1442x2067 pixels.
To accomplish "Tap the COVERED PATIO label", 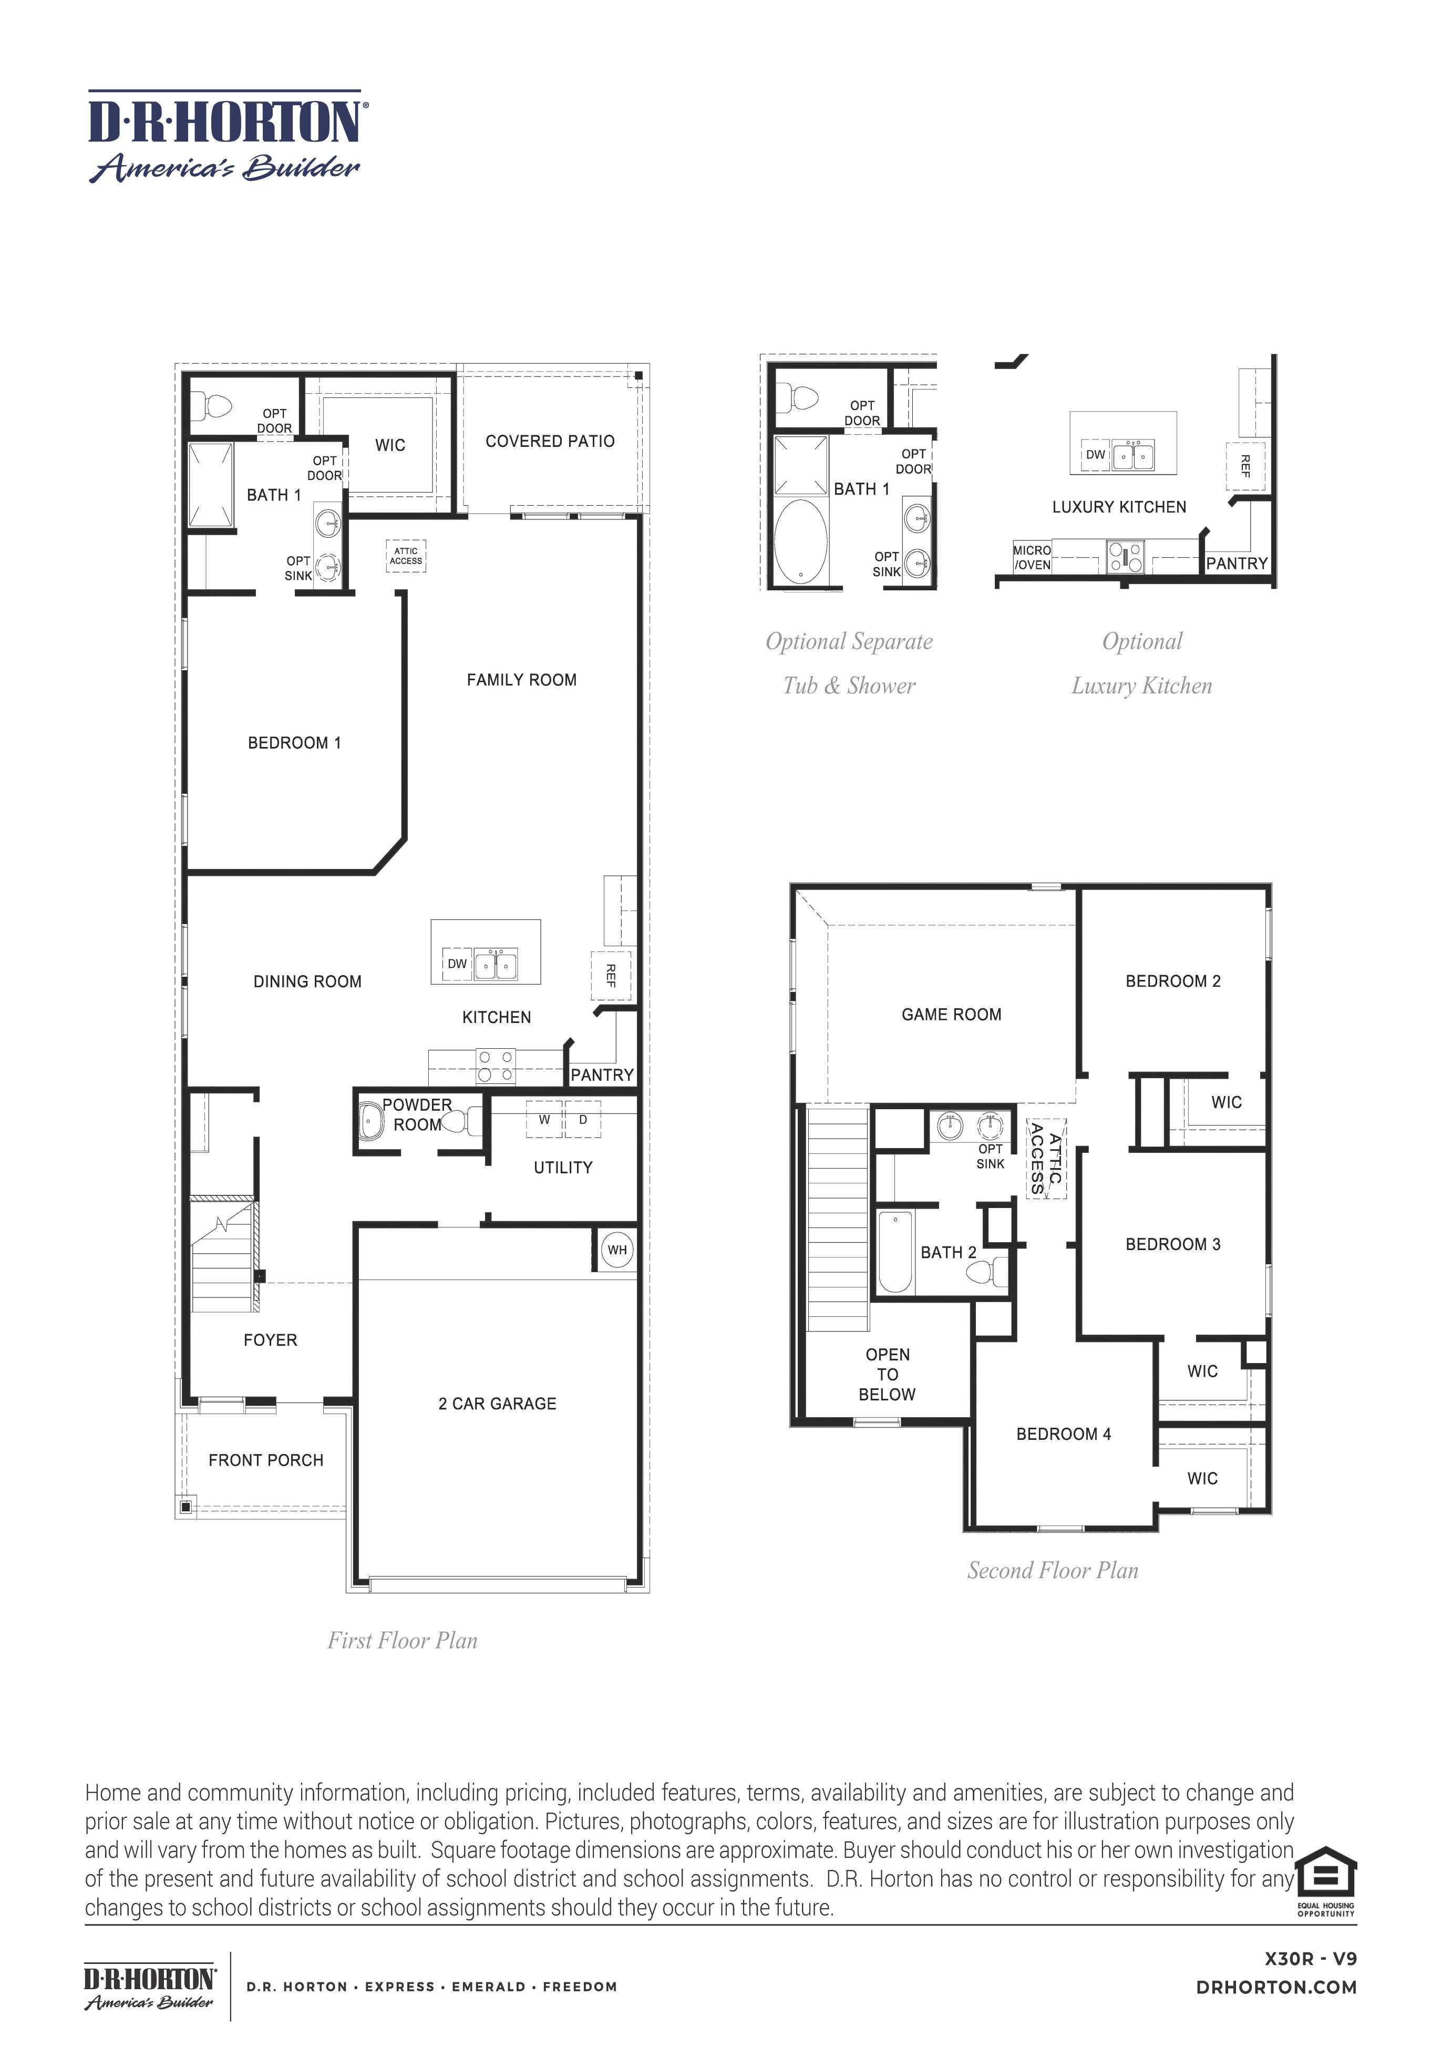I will click(550, 441).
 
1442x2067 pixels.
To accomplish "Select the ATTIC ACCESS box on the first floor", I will click(405, 556).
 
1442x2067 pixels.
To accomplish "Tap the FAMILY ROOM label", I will click(521, 680).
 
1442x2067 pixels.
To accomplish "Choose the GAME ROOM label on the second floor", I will click(951, 1015).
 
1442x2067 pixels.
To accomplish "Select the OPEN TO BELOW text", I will click(888, 1374).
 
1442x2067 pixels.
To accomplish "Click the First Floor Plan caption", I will click(403, 1640).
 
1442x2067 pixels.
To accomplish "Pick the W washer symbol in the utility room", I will click(544, 1120).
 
